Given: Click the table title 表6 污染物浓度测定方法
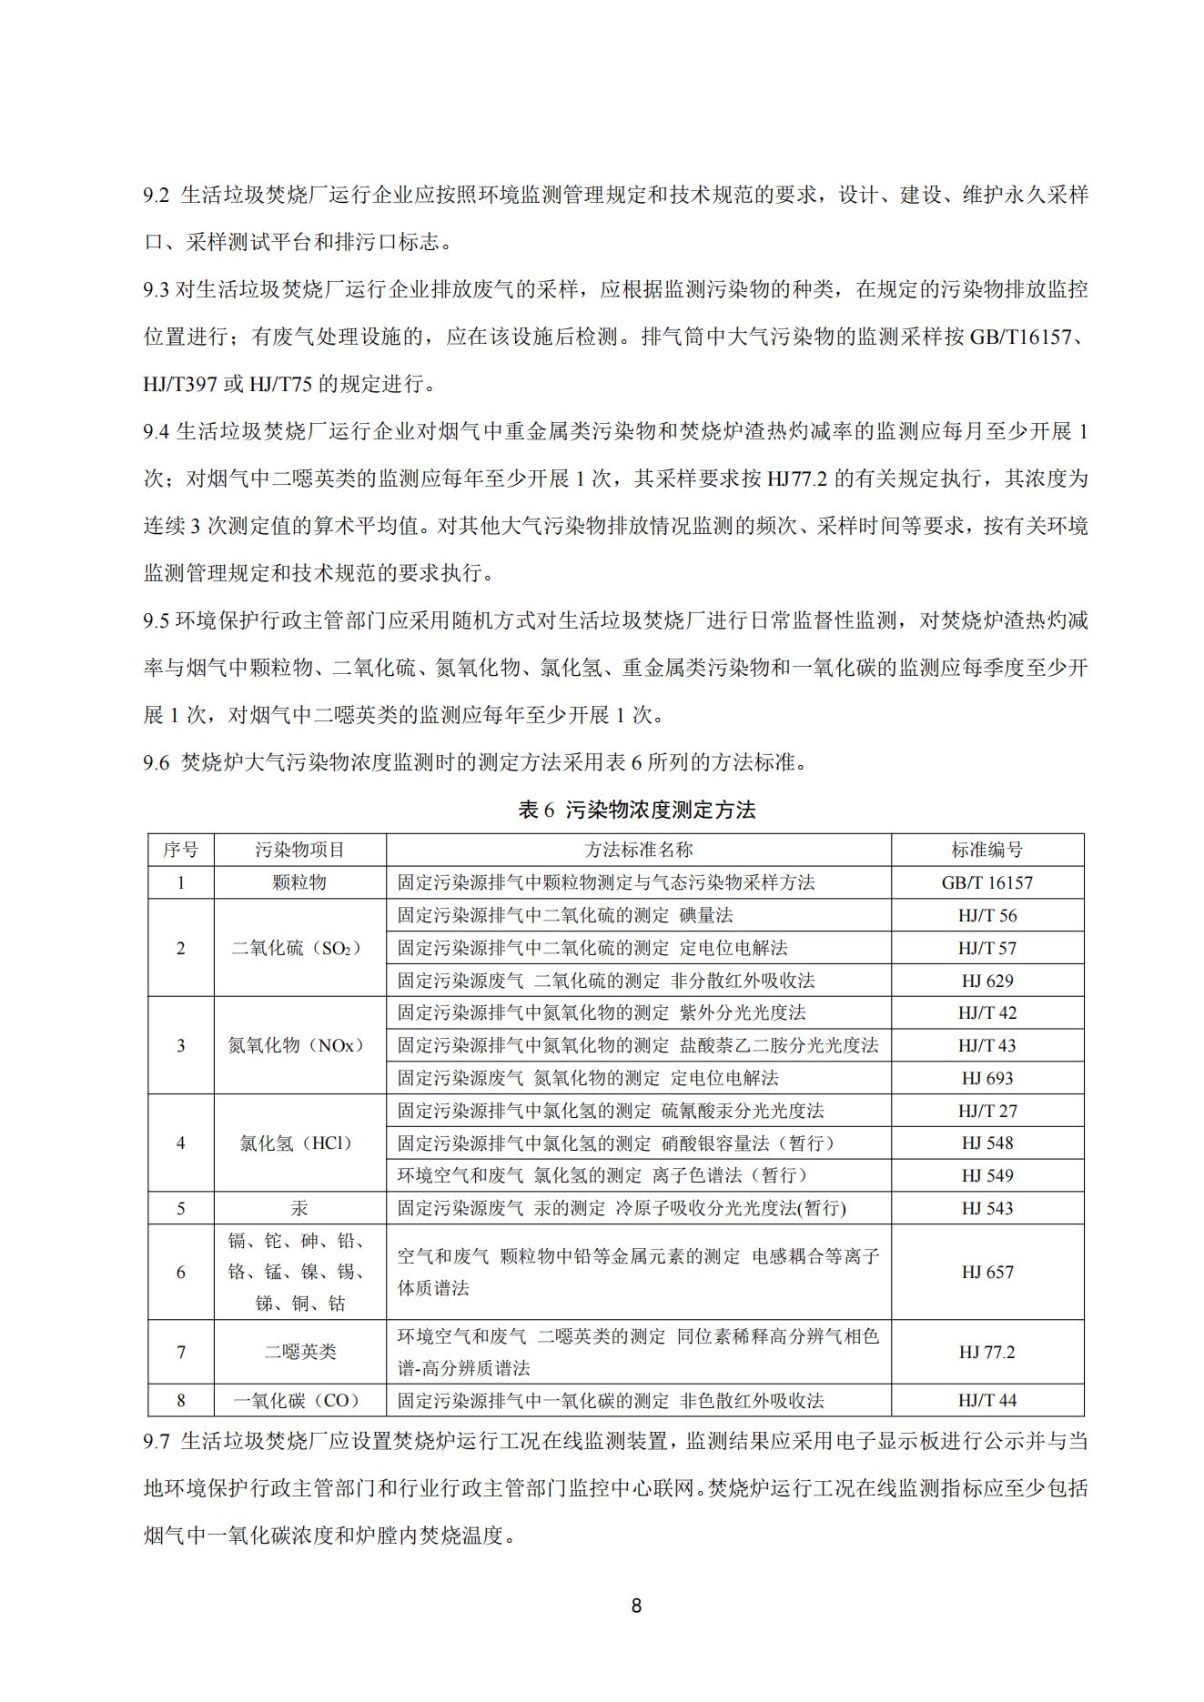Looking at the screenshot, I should click(x=636, y=810).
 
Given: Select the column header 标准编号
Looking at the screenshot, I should click(x=986, y=850).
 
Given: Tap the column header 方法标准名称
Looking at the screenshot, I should click(x=638, y=850).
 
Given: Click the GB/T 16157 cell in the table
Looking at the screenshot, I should click(x=986, y=882).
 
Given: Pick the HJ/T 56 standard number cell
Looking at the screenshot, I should click(x=986, y=915).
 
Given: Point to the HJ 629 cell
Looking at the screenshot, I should click(x=986, y=981).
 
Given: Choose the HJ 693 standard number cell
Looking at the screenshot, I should click(x=986, y=1078).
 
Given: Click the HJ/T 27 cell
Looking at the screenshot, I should click(x=986, y=1111).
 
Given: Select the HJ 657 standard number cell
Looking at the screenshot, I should click(x=986, y=1272).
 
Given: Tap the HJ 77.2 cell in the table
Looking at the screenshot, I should click(x=986, y=1352).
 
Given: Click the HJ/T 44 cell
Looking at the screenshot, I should click(x=986, y=1401).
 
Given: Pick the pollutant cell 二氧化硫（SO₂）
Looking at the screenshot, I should click(x=299, y=948).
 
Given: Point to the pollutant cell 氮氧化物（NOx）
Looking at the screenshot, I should click(x=299, y=1045).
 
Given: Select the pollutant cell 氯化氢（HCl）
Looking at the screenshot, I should click(x=299, y=1143).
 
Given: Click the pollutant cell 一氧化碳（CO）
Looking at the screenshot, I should click(x=299, y=1401).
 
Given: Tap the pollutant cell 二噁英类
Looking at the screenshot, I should click(x=299, y=1352).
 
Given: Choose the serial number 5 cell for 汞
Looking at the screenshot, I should click(x=180, y=1208).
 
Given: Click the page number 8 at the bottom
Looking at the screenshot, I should click(x=636, y=1606).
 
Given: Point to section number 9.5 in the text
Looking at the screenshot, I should click(x=157, y=620).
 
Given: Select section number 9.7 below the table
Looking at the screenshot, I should click(x=157, y=1441).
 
